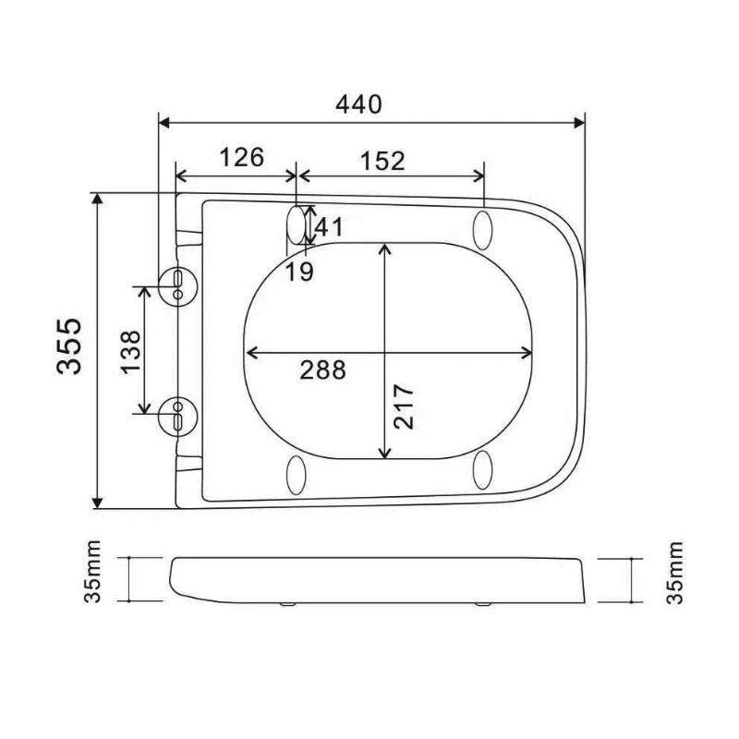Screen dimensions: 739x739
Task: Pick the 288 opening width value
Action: [322, 369]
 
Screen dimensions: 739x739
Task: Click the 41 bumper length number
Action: [329, 224]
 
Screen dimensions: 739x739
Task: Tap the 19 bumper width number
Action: [298, 271]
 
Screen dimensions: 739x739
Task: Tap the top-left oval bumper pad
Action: [297, 224]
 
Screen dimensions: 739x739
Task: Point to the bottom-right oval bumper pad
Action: [483, 470]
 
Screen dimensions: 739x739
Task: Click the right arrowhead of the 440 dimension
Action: [580, 120]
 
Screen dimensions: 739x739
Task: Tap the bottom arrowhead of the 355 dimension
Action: [97, 502]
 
